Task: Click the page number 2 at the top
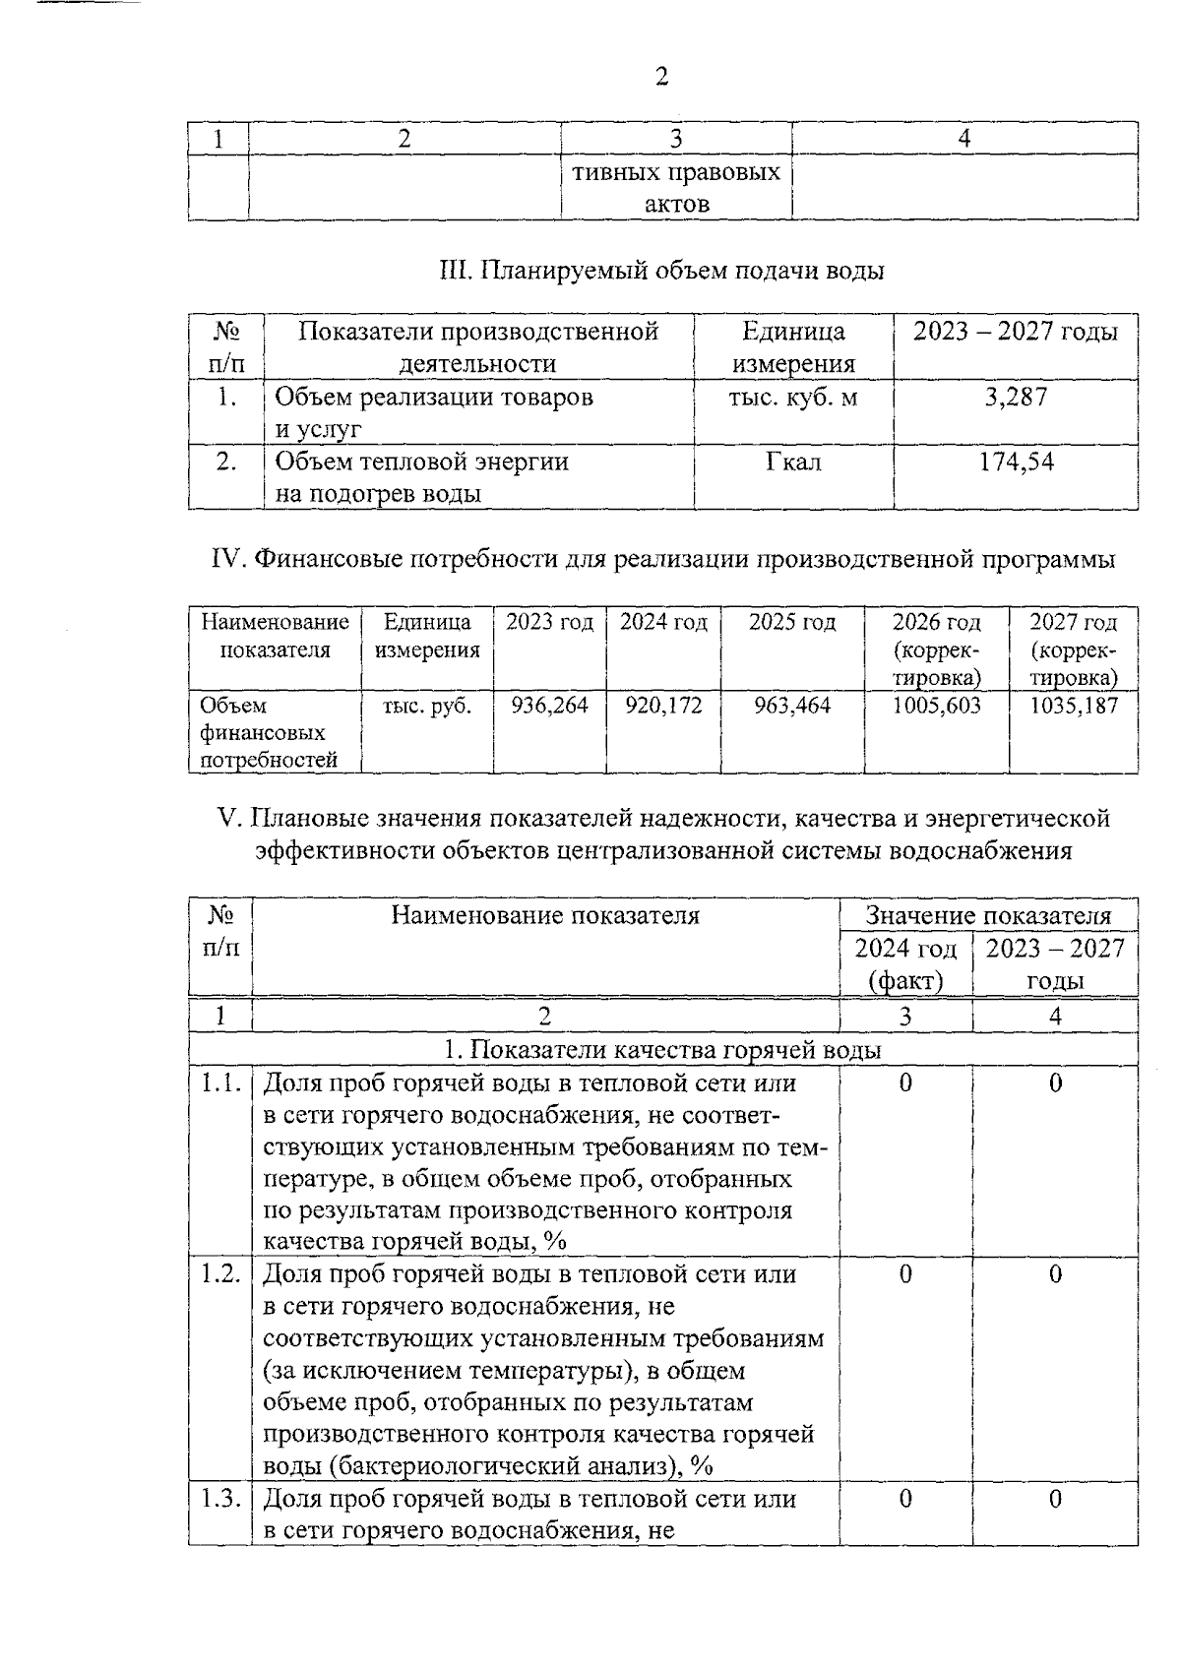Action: coord(661,77)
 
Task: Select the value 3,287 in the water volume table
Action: coord(1016,398)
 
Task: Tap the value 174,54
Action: coord(1016,462)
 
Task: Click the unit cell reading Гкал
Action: coord(793,462)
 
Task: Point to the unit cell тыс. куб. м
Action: coord(793,398)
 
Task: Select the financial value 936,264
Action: coord(549,706)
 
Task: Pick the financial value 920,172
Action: coord(663,706)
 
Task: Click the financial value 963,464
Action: coord(791,706)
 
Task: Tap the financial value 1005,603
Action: coord(936,706)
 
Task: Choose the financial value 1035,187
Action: coord(1074,706)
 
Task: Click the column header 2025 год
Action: coord(791,622)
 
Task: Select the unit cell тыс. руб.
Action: coord(426,706)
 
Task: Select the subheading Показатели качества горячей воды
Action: coord(661,1050)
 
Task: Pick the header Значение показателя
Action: coord(988,915)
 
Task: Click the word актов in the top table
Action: coord(676,205)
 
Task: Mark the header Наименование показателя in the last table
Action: coord(545,916)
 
